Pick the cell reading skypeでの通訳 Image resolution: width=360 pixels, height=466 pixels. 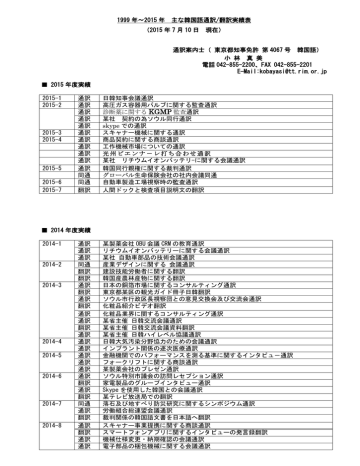[125, 128]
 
